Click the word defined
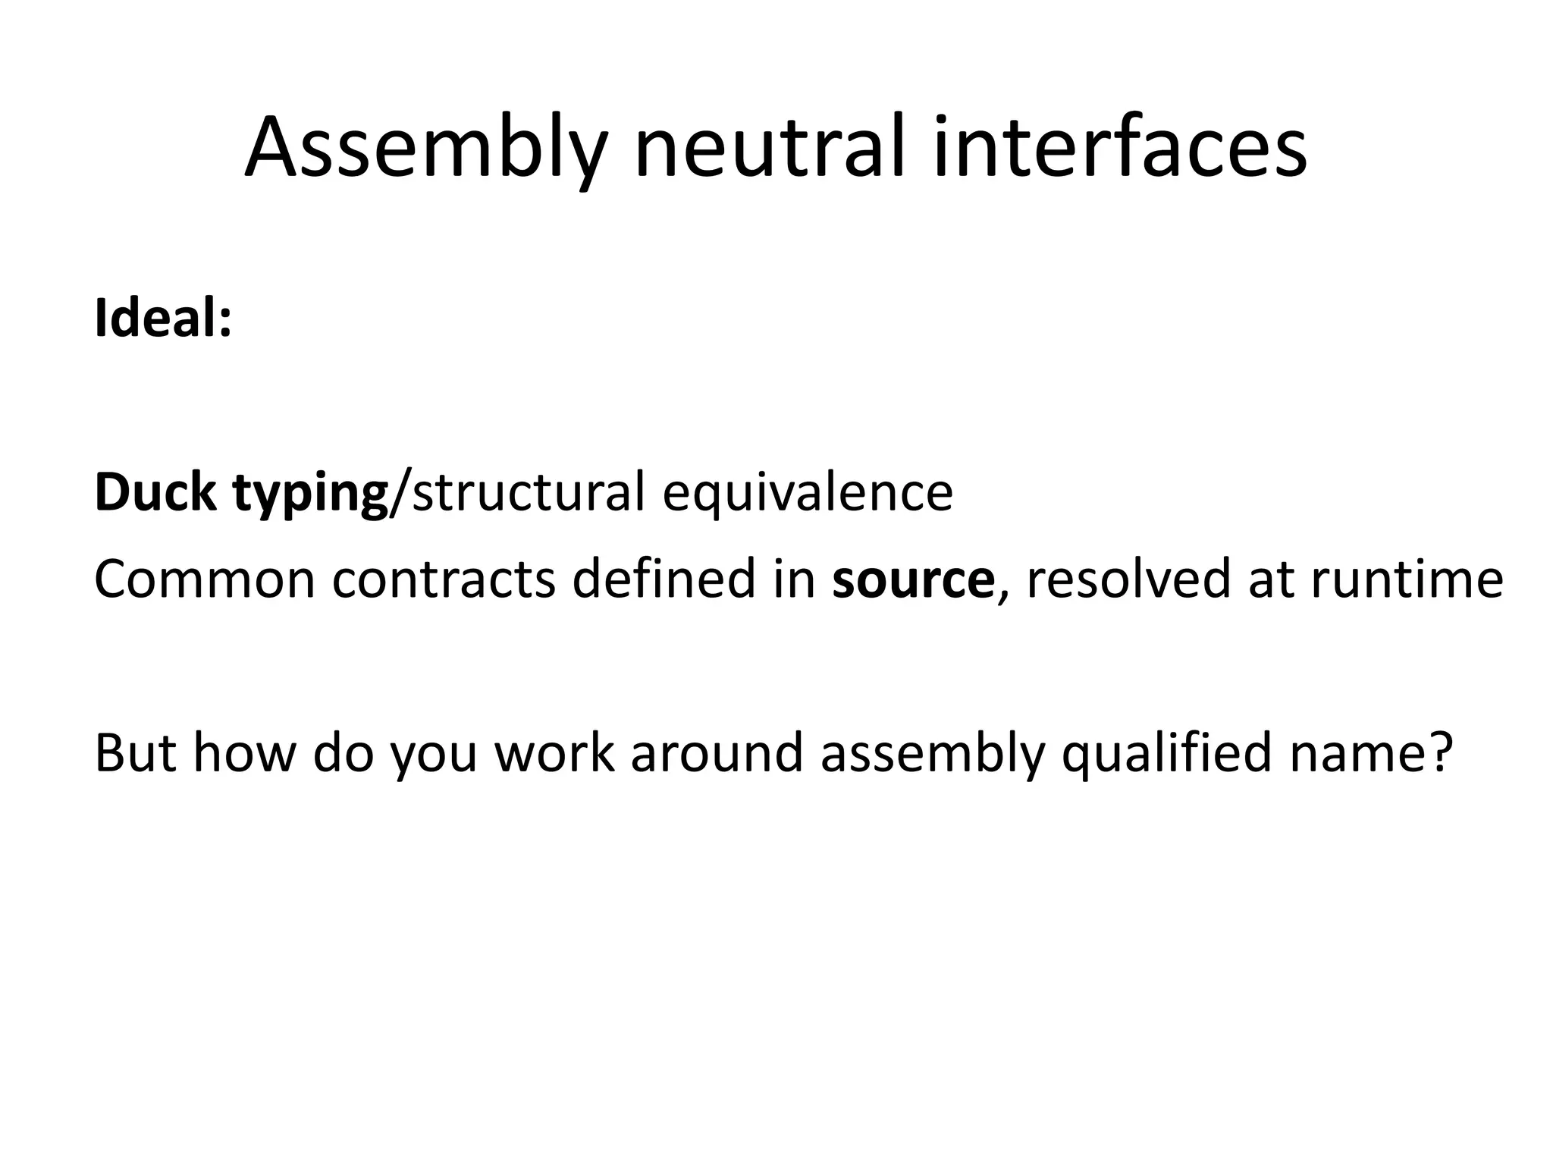click(664, 579)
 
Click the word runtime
click(1406, 579)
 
